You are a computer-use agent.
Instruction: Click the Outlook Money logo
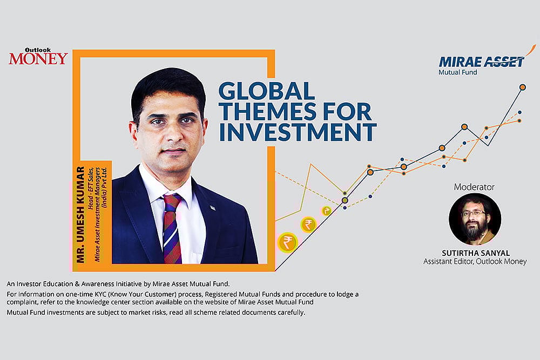pyautogui.click(x=38, y=56)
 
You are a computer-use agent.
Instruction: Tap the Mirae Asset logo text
pyautogui.click(x=481, y=62)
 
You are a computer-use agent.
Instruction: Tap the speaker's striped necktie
pyautogui.click(x=172, y=227)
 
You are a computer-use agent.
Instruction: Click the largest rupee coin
pyautogui.click(x=287, y=242)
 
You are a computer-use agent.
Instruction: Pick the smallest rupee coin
pyautogui.click(x=327, y=210)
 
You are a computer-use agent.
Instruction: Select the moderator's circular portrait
pyautogui.click(x=475, y=219)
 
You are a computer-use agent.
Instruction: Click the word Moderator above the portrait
pyautogui.click(x=474, y=187)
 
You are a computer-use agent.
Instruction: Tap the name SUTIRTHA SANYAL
pyautogui.click(x=475, y=253)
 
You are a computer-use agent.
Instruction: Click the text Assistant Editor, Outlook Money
pyautogui.click(x=475, y=262)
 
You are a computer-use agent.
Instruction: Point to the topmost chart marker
pyautogui.click(x=522, y=87)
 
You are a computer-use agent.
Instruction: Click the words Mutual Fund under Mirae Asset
pyautogui.click(x=457, y=72)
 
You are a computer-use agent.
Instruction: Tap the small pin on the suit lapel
pyautogui.click(x=212, y=208)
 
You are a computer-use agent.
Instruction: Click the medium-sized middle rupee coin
pyautogui.click(x=308, y=224)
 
